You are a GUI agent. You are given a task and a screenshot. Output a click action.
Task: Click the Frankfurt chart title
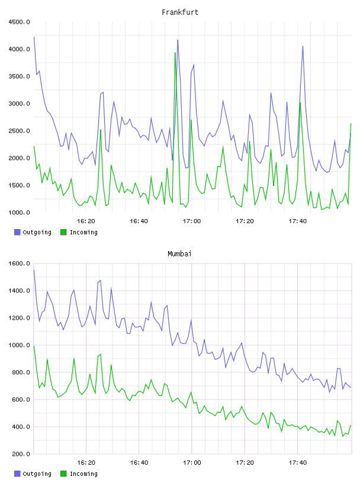point(180,12)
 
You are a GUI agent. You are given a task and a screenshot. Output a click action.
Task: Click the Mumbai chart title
point(179,254)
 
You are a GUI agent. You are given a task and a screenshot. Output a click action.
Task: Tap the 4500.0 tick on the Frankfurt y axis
point(19,22)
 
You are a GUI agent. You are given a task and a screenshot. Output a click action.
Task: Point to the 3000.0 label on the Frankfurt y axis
point(19,104)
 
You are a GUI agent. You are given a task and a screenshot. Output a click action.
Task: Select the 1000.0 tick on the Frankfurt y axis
point(19,212)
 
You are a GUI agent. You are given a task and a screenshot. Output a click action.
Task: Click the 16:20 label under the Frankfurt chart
point(86,221)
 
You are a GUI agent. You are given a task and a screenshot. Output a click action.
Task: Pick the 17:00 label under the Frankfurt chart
point(192,221)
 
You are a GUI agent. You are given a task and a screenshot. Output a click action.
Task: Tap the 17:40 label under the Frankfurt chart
point(298,221)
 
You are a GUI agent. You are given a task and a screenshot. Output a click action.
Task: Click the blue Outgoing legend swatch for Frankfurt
point(17,232)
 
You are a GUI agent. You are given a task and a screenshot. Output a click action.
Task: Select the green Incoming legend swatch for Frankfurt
point(63,232)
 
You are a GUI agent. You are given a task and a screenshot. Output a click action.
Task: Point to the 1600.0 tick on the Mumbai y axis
point(19,263)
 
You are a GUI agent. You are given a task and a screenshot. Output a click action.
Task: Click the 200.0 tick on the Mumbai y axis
point(21,454)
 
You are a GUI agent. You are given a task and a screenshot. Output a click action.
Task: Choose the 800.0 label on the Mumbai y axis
point(21,372)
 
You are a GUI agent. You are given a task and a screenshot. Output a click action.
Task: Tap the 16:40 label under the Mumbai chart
point(139,463)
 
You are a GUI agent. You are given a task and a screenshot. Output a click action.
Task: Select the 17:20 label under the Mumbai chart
point(245,463)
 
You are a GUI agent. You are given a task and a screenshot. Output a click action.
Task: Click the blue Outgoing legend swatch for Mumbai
point(17,474)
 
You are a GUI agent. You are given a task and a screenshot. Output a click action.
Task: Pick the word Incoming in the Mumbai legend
point(83,474)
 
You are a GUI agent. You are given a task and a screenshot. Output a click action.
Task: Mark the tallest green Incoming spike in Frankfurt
point(175,53)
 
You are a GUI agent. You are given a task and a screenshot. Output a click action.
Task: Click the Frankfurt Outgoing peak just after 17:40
point(303,46)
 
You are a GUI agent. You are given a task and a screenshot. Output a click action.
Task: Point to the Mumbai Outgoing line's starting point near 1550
point(34,270)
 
